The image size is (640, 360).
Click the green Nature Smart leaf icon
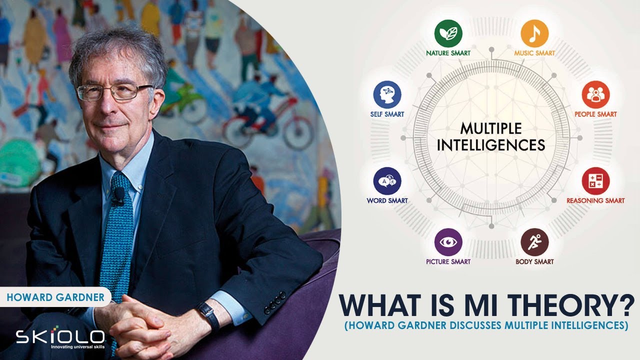pyautogui.click(x=448, y=34)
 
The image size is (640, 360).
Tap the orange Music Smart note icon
pyautogui.click(x=534, y=34)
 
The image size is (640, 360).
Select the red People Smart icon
pyautogui.click(x=595, y=95)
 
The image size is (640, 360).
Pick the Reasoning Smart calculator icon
pyautogui.click(x=595, y=181)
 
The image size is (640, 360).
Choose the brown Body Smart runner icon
pyautogui.click(x=534, y=242)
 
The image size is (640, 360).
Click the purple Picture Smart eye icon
pyautogui.click(x=448, y=242)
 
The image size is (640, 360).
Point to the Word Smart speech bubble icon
pyautogui.click(x=387, y=181)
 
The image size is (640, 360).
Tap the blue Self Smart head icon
pyautogui.click(x=387, y=95)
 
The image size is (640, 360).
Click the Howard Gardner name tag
pyautogui.click(x=55, y=297)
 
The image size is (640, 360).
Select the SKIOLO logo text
pyautogui.click(x=60, y=336)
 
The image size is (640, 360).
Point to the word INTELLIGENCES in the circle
pyautogui.click(x=490, y=145)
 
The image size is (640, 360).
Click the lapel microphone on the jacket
pyautogui.click(x=119, y=195)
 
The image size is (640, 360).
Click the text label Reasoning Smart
pyautogui.click(x=595, y=200)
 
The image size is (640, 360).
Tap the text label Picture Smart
pyautogui.click(x=448, y=261)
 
